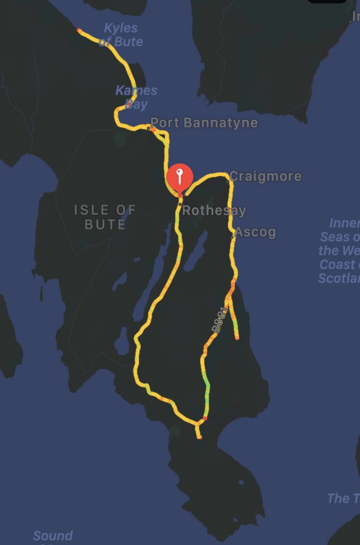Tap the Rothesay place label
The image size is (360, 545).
[x=214, y=211]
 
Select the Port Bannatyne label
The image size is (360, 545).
[x=204, y=123]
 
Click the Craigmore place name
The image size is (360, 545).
[x=266, y=176]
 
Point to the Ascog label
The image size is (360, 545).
[x=256, y=233]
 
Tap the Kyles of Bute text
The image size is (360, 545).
[x=121, y=35]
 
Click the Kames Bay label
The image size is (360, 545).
[x=137, y=97]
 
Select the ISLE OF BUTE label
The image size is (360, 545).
[x=105, y=217]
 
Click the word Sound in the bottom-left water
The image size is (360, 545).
[x=53, y=536]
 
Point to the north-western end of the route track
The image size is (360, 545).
[x=79, y=30]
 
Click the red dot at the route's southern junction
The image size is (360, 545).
[x=205, y=418]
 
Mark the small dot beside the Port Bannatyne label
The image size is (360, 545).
[x=149, y=128]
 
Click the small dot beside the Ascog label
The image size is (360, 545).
[x=233, y=236]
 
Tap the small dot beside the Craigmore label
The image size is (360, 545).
[x=227, y=181]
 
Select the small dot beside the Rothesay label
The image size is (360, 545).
[x=180, y=205]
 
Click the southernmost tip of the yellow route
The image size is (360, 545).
[x=199, y=437]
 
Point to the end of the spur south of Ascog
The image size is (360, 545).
[x=237, y=338]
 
